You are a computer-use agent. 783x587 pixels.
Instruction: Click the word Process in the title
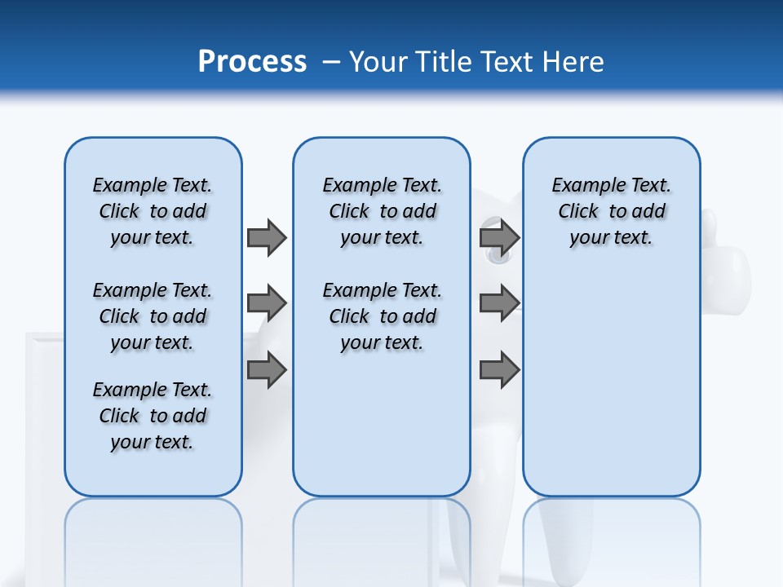click(252, 62)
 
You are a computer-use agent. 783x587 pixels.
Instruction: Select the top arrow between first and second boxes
click(267, 237)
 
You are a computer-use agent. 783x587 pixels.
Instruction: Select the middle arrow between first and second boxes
click(267, 303)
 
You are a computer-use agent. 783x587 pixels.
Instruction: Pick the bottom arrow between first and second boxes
click(267, 369)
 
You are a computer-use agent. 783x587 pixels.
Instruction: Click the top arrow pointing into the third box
click(499, 237)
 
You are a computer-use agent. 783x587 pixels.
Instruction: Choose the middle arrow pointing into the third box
click(499, 303)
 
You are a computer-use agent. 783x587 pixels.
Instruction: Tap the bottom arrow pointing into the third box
click(499, 369)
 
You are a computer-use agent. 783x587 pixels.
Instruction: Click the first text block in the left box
click(153, 211)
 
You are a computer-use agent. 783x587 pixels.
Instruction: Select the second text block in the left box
click(153, 316)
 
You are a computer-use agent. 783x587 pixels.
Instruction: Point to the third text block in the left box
click(153, 416)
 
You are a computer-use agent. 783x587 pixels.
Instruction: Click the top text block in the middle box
click(382, 211)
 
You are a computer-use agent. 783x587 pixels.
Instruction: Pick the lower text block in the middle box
click(382, 316)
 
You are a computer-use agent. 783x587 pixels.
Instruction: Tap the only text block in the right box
click(611, 211)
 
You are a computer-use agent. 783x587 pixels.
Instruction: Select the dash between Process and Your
click(331, 62)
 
